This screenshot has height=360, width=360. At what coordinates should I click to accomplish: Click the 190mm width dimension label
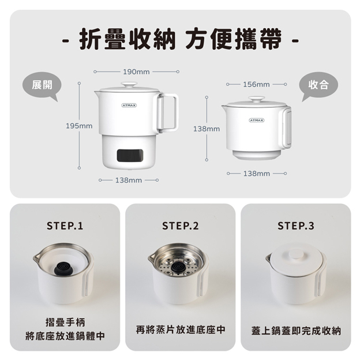[136, 72]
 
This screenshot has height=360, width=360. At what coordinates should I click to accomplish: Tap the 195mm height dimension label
[79, 126]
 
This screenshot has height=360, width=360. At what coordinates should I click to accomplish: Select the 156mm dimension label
[256, 84]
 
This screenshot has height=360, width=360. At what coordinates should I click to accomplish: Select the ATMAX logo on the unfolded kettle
[129, 105]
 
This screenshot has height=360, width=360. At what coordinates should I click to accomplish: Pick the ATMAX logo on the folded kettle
[257, 120]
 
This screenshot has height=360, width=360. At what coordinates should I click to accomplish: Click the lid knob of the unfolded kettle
[129, 85]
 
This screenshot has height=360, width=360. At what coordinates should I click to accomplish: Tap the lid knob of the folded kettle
[257, 99]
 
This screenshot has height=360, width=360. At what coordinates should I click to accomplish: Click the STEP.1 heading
[65, 226]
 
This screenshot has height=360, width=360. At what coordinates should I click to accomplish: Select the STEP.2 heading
[180, 226]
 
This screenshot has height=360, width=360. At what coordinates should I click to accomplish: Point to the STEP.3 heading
[296, 226]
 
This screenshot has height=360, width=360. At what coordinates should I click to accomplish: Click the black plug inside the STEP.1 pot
[62, 268]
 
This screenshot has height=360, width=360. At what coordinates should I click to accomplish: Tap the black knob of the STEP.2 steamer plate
[178, 267]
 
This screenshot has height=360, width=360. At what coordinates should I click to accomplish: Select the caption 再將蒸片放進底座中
[181, 329]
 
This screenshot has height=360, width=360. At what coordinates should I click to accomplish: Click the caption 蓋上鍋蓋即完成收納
[296, 331]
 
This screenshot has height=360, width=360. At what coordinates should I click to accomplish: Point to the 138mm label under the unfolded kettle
[129, 180]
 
